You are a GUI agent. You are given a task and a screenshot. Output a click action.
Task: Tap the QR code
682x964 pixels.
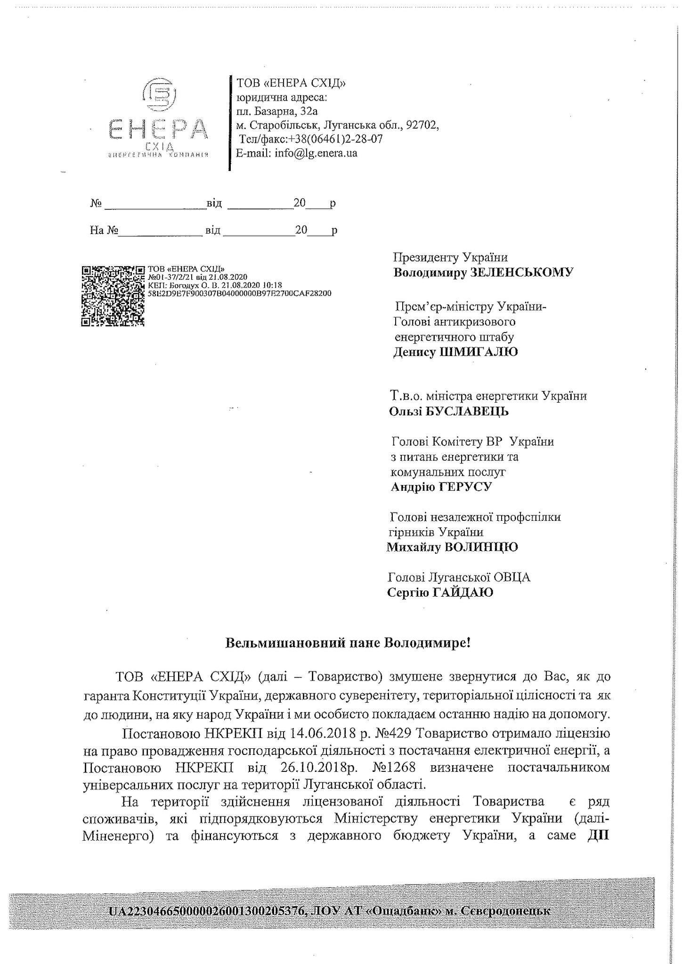[x=113, y=296]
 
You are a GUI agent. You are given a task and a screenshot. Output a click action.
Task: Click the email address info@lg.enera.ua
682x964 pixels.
[x=316, y=153]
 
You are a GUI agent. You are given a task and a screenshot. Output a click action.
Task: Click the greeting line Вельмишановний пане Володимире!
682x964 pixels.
[x=348, y=643]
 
